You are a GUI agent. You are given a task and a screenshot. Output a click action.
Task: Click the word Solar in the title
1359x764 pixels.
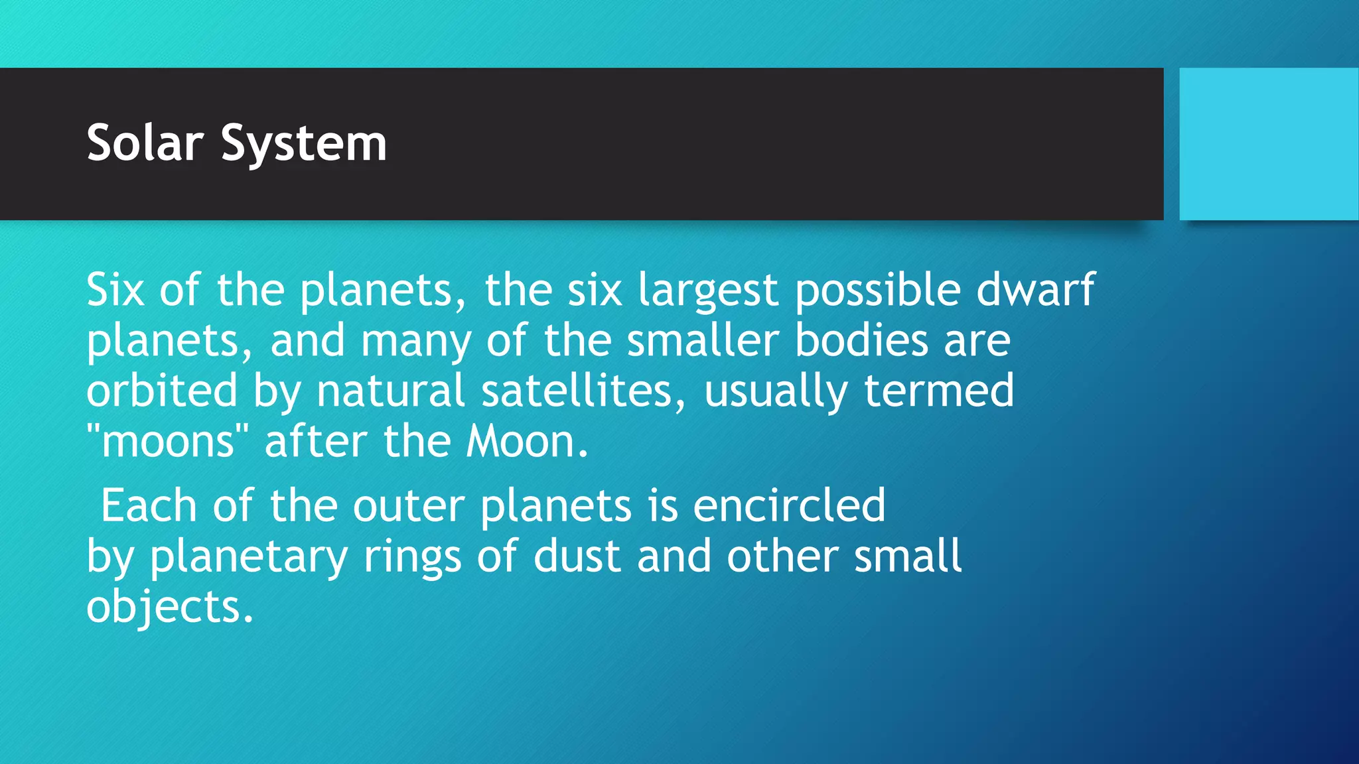145,143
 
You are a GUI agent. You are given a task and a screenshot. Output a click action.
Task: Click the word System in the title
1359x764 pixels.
303,145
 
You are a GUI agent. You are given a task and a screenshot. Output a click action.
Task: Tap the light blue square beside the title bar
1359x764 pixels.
1268,144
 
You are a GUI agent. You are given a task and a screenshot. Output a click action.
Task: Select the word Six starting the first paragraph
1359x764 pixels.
115,290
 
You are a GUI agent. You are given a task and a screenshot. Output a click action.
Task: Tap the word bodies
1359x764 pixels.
861,340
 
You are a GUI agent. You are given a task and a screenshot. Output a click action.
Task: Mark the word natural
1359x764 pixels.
390,391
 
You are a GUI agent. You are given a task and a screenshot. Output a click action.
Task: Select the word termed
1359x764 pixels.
938,391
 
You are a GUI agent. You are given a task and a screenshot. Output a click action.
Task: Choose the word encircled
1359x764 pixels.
789,505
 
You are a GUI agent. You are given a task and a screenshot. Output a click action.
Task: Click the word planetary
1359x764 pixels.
249,557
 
